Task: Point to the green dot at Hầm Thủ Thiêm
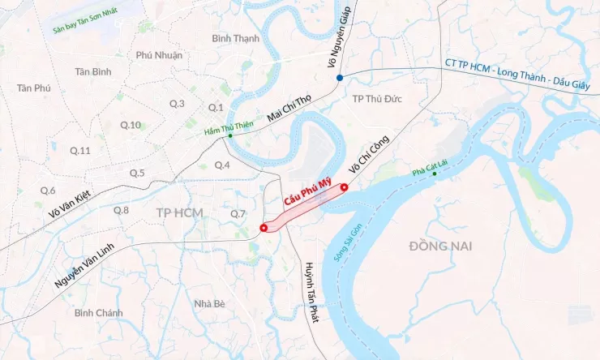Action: (229, 135)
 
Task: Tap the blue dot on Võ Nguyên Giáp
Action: (340, 77)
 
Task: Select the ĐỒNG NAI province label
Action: (438, 245)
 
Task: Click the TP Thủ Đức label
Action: (378, 98)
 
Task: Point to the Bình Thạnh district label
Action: (235, 38)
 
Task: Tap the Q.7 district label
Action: (238, 213)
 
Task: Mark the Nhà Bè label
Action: (209, 303)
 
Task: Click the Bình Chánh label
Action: (98, 312)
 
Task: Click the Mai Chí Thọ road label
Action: (289, 110)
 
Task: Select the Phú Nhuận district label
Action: (159, 55)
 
